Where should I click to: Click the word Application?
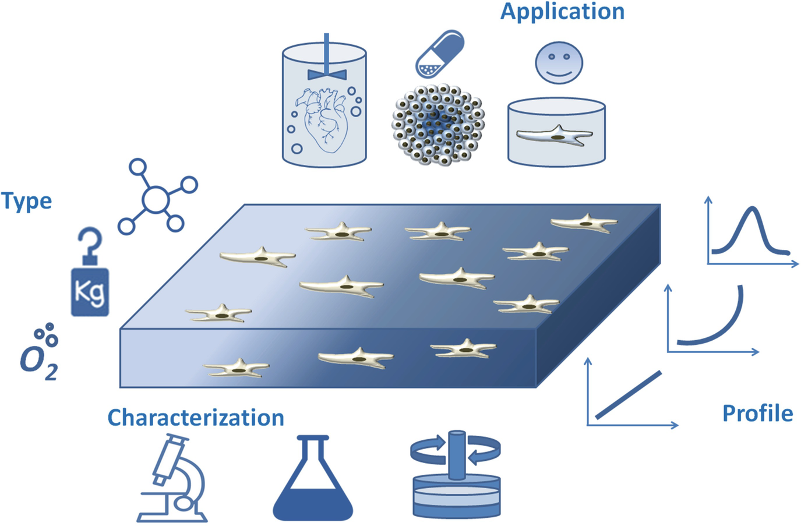coord(562,12)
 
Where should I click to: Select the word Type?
coord(27,202)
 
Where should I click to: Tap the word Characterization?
coord(196,418)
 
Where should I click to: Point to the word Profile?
coord(757,414)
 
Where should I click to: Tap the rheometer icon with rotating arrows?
coord(456,474)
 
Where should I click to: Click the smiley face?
coord(559,62)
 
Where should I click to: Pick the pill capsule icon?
coord(440,54)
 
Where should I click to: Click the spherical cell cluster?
coord(438,124)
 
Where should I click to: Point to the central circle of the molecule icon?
coord(156,200)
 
